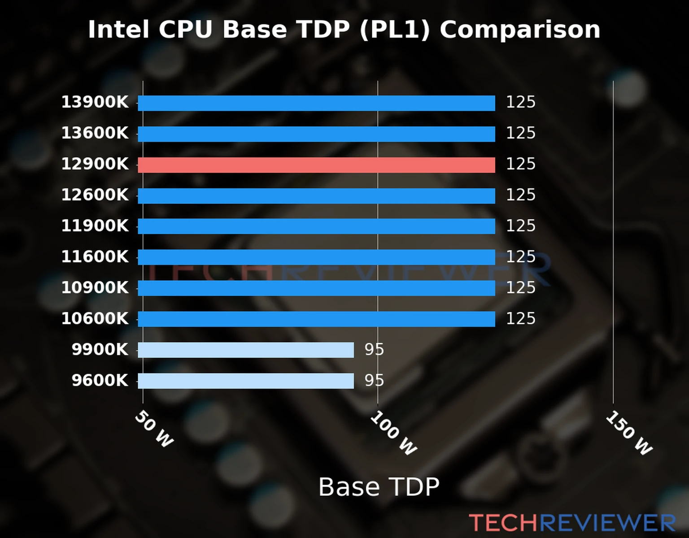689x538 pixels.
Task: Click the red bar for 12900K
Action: pyautogui.click(x=316, y=165)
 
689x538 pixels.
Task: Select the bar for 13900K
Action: pyautogui.click(x=316, y=103)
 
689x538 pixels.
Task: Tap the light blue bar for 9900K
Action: pyautogui.click(x=246, y=350)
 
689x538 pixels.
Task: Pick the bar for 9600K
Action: pyautogui.click(x=246, y=381)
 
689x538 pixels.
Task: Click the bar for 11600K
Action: pyautogui.click(x=316, y=257)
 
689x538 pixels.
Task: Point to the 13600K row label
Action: pyautogui.click(x=95, y=133)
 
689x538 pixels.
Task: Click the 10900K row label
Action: pyautogui.click(x=95, y=288)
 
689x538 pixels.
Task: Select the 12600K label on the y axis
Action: pyautogui.click(x=95, y=195)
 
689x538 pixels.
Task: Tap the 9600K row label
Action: pyautogui.click(x=100, y=381)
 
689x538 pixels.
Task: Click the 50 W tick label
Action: pyautogui.click(x=154, y=429)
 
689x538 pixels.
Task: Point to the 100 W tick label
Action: pyautogui.click(x=393, y=433)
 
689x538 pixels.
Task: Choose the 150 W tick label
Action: pyautogui.click(x=629, y=433)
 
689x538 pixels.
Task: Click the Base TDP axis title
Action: pyautogui.click(x=379, y=487)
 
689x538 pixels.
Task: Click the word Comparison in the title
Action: pyautogui.click(x=519, y=30)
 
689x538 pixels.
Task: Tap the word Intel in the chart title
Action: pyautogui.click(x=118, y=30)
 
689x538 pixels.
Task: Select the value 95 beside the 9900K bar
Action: pyautogui.click(x=374, y=350)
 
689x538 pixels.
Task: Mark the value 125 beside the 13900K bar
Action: pyautogui.click(x=521, y=102)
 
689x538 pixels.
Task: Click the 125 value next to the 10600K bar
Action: pyautogui.click(x=521, y=319)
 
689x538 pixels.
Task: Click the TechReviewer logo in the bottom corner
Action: pyautogui.click(x=572, y=523)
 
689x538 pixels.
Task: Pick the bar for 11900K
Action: pyautogui.click(x=316, y=226)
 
